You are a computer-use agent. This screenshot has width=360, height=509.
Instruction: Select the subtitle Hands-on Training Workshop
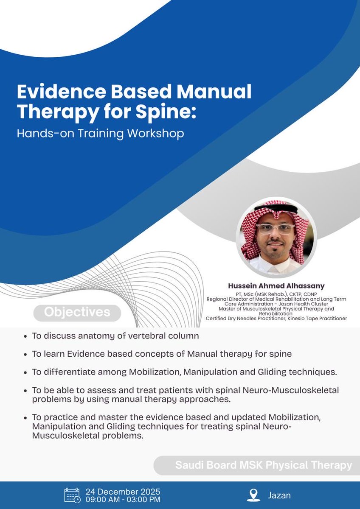point(101,133)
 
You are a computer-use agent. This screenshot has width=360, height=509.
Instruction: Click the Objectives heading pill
point(77,313)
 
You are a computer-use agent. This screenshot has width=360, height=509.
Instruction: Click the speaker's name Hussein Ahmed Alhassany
point(276,286)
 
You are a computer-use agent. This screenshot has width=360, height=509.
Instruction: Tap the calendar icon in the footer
point(72,495)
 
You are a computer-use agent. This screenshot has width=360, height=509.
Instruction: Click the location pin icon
point(253,495)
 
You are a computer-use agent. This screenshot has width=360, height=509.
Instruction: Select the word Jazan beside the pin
point(279,495)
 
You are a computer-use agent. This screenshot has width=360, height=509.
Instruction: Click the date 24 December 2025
point(123,492)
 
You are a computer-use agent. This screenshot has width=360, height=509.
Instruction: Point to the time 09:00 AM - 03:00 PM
point(123,500)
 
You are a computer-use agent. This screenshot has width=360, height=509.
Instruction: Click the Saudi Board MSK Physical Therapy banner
point(263,465)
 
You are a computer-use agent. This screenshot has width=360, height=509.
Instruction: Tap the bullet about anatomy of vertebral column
point(115,336)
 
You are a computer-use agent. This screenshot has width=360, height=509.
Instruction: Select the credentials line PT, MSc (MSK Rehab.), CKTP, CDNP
point(276,294)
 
